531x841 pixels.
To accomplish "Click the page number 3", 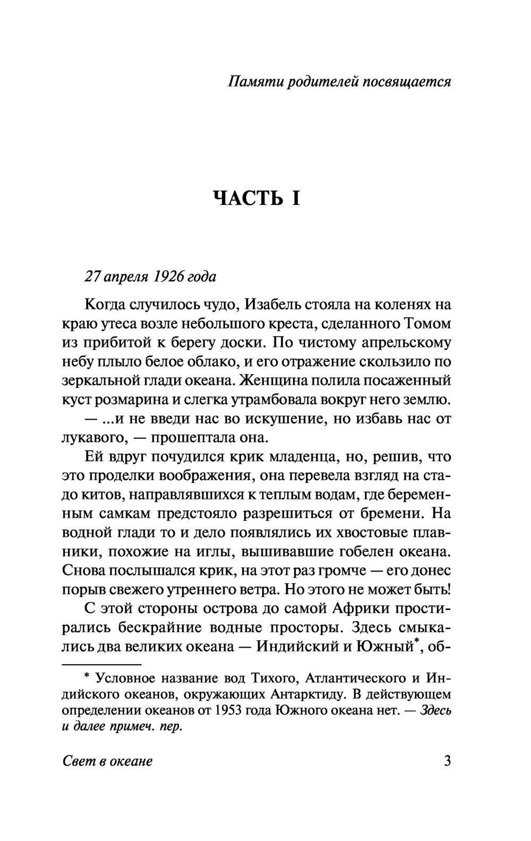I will [447, 761].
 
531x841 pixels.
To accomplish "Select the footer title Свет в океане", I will [108, 762].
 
